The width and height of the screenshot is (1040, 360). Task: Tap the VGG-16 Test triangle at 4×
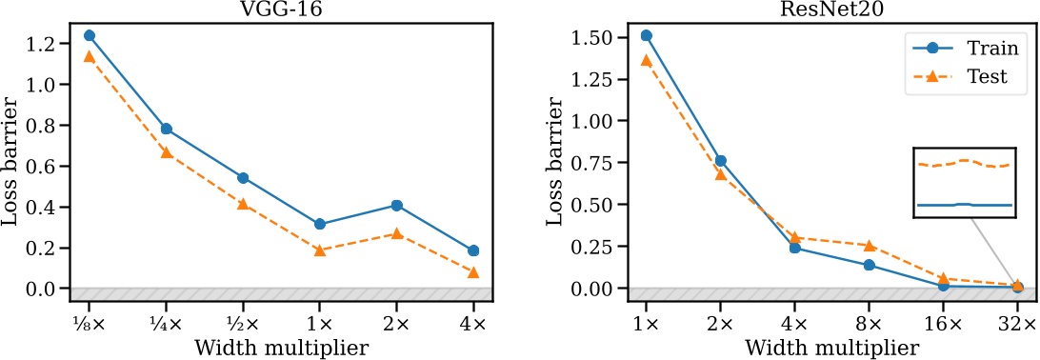click(472, 272)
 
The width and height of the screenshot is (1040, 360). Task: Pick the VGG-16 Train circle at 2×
click(397, 205)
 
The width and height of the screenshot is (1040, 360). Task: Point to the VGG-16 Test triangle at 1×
click(320, 250)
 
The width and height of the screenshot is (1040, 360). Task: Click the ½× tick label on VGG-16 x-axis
click(243, 323)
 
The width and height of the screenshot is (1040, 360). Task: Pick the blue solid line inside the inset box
click(963, 205)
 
